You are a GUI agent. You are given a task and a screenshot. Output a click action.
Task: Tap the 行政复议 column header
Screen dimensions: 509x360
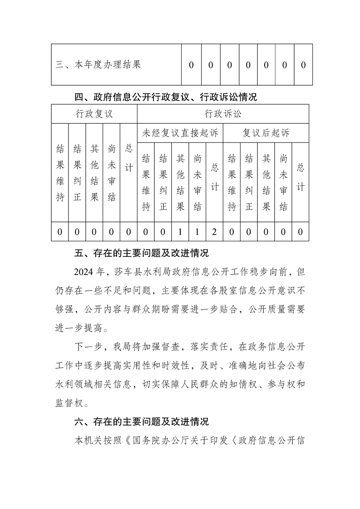coord(94,114)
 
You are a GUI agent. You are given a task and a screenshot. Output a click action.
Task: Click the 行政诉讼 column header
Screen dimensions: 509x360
coord(223,114)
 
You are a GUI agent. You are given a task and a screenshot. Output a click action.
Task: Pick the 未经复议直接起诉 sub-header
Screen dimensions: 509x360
coord(180,133)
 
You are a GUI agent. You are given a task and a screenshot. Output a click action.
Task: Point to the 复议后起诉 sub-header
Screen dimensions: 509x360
coord(266,133)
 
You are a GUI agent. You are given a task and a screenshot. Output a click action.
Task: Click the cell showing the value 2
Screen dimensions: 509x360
coord(214,232)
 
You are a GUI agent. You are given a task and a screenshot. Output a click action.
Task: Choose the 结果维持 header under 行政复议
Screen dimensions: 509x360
coord(59,172)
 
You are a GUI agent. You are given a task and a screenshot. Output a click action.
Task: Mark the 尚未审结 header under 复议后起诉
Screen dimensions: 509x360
coord(283,182)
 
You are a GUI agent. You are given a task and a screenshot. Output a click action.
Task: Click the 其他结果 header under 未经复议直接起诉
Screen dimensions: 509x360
coord(180,182)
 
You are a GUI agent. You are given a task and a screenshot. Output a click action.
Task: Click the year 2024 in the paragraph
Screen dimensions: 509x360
coord(84,272)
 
